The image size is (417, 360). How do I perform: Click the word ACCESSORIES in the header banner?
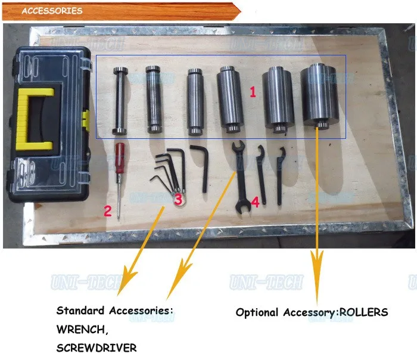point(52,11)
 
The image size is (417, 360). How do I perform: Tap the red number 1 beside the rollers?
point(252,93)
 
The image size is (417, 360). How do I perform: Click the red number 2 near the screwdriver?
point(108,210)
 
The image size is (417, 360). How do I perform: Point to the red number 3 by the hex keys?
point(178,200)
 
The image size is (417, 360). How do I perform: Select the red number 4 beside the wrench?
point(255,202)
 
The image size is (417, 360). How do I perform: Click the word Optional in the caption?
point(257,312)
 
